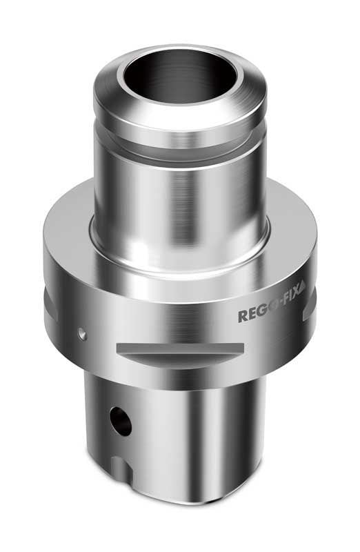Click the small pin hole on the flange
[x=82, y=334]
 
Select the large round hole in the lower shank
[x=121, y=421]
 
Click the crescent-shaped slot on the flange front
[x=179, y=354]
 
